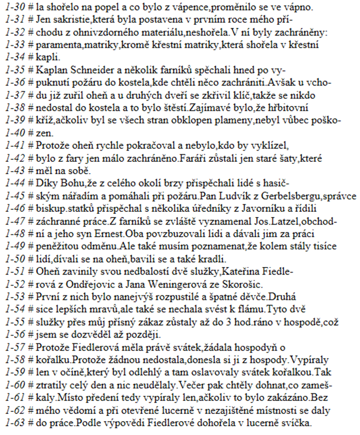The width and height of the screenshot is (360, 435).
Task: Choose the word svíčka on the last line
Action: [x=308, y=426]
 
